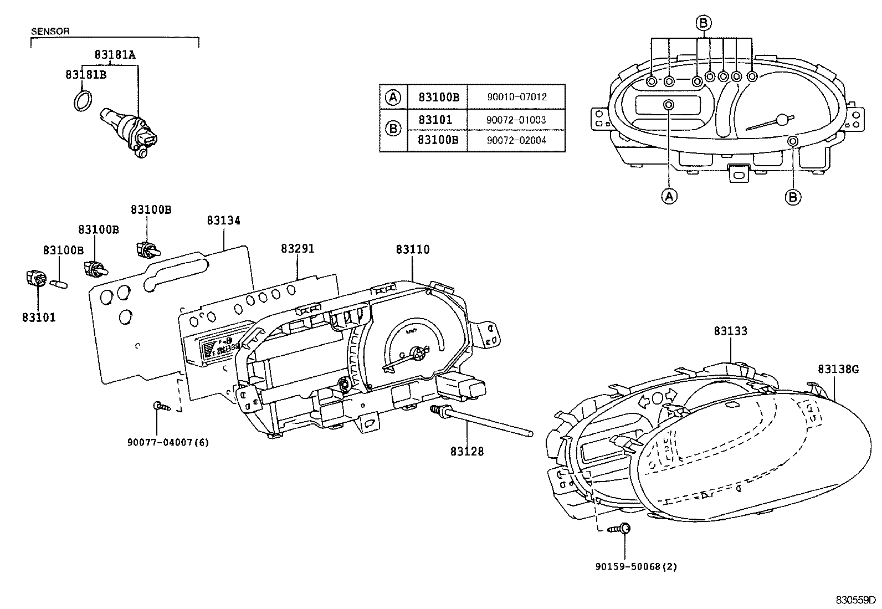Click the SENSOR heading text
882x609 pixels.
tap(50, 32)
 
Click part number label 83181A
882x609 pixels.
tap(115, 54)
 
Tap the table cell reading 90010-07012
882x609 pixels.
tap(516, 97)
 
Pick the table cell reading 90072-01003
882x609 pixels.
tap(516, 120)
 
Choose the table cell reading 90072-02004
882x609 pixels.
tap(516, 141)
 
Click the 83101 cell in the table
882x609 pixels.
tap(435, 120)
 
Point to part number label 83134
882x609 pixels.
tap(224, 221)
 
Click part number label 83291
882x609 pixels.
tap(298, 249)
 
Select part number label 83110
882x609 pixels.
tap(412, 250)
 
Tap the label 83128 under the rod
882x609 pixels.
tap(466, 452)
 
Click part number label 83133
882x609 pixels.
tap(730, 331)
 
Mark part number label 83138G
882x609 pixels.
tap(838, 369)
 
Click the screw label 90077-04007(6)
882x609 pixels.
tap(168, 442)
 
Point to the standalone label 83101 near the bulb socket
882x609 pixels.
tap(39, 318)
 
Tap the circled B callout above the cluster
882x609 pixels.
tap(703, 23)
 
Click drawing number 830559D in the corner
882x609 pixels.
tap(855, 600)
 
